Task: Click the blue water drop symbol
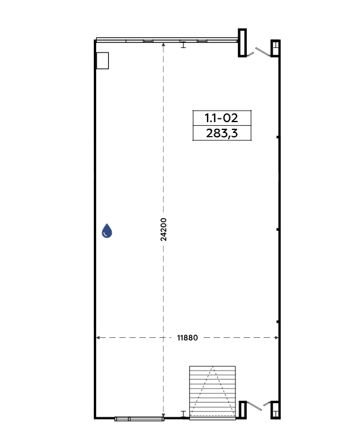tap(107, 231)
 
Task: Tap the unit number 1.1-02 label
tap(221, 118)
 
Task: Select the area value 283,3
tap(221, 133)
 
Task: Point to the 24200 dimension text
tap(163, 230)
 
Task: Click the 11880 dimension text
tap(188, 338)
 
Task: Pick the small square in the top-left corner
tap(102, 60)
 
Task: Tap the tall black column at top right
tap(242, 43)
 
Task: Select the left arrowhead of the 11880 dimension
tap(98, 337)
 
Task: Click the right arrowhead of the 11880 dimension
tap(277, 337)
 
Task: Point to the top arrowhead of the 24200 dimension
tap(163, 45)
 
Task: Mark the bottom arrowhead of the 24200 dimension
tap(163, 415)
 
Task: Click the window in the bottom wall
tap(139, 419)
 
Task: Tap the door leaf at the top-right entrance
tap(263, 51)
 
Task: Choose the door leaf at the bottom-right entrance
tap(254, 406)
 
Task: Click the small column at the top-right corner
tap(275, 48)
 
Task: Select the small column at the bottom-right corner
tap(275, 410)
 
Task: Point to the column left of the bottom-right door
tap(243, 410)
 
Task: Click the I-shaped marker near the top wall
tap(183, 44)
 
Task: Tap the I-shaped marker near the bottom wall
tap(183, 414)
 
